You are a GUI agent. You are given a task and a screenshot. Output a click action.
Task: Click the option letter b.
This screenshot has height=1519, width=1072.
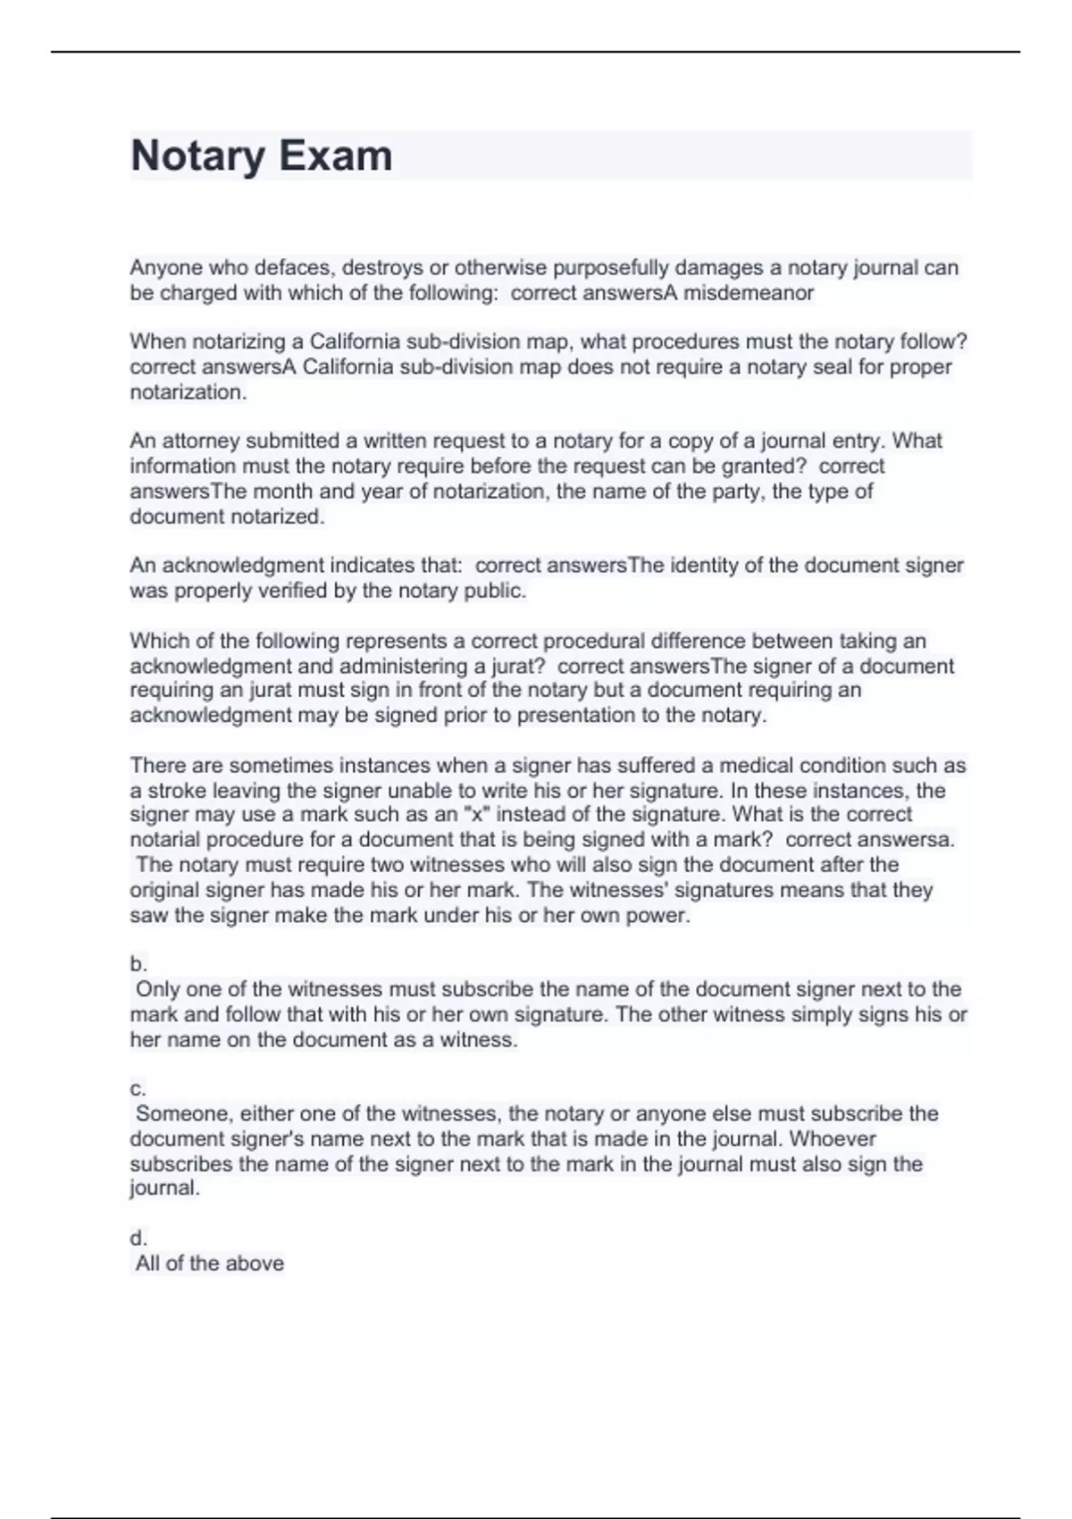tap(138, 965)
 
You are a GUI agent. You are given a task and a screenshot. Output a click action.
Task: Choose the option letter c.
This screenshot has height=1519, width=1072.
tap(138, 1089)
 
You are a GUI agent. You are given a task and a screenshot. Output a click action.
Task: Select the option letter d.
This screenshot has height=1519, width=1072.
tap(138, 1238)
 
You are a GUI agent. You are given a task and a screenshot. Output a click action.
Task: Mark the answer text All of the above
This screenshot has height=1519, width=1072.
tap(210, 1263)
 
